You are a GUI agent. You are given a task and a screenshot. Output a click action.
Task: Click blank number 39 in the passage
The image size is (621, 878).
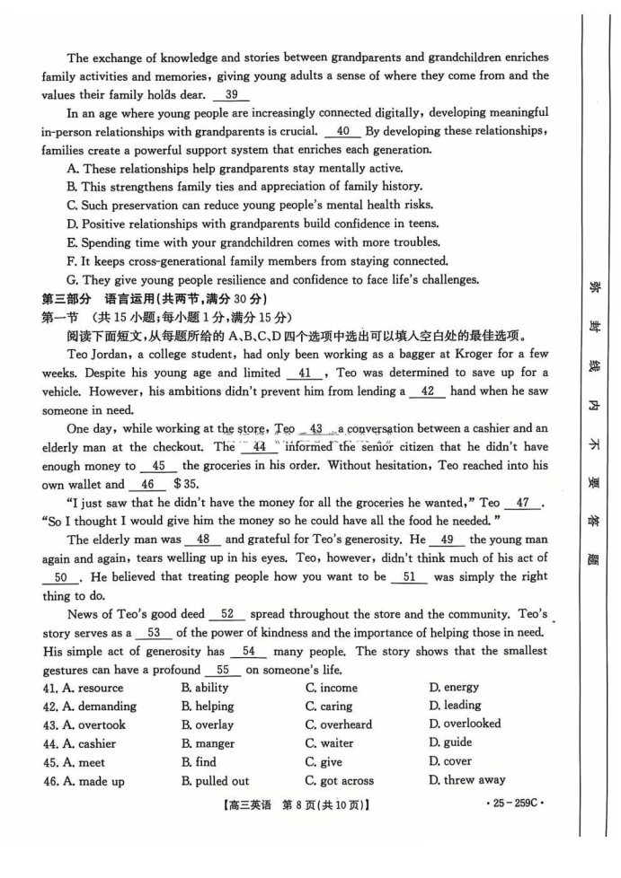point(232,95)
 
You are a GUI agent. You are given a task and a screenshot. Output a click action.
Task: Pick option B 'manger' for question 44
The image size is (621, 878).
point(208,743)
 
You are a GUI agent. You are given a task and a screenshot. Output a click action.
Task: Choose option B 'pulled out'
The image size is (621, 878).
point(216,781)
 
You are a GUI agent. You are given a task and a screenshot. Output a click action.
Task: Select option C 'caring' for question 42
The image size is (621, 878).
point(328,707)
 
